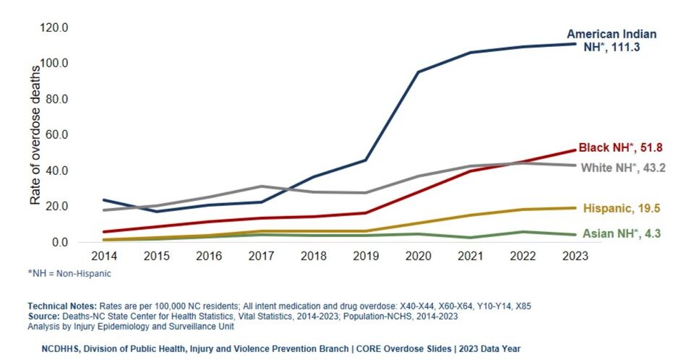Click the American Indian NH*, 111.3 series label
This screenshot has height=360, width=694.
point(612,40)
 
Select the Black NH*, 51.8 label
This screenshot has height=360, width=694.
point(620,147)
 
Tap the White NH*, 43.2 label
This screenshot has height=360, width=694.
point(622,168)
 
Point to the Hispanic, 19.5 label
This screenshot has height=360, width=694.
point(622,208)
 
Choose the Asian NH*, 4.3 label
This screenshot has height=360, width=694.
point(622,233)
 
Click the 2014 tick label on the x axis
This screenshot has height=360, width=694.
point(104,256)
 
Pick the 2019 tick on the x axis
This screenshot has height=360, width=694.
point(366,256)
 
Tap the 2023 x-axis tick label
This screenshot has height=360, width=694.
point(575,256)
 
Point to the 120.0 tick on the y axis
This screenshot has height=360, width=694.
point(54,28)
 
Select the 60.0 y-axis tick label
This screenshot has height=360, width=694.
point(56,134)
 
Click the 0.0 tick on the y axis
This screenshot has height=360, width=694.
point(59,242)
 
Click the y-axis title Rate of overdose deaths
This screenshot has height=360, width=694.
point(35,135)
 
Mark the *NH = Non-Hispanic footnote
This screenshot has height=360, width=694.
point(69,273)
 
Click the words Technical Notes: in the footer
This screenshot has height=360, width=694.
point(62,306)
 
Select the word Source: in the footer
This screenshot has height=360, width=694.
point(44,316)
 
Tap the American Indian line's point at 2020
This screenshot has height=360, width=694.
point(419,72)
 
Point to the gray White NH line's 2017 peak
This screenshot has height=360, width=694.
point(262,186)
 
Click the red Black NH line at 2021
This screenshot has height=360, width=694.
point(471,171)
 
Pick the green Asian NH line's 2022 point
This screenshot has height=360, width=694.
point(523,231)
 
